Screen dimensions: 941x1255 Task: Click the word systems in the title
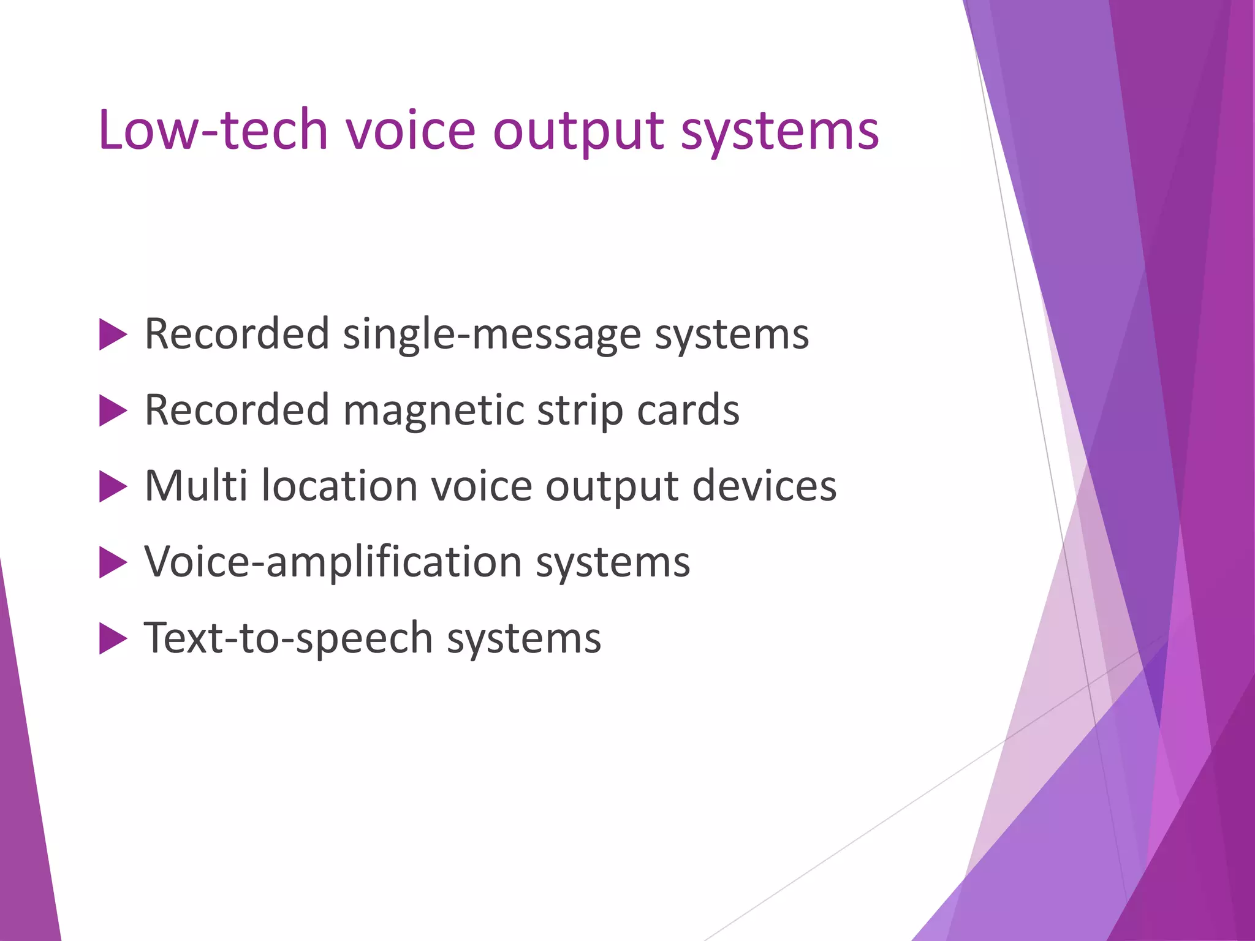point(780,132)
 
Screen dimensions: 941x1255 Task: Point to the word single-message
point(491,336)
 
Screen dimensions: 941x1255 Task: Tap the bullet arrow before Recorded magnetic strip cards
point(112,410)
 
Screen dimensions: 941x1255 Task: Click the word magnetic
point(433,412)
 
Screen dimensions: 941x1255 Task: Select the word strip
point(580,412)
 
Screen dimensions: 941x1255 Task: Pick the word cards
point(688,410)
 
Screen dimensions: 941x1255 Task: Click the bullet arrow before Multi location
point(112,487)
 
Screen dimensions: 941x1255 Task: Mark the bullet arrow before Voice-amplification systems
point(112,562)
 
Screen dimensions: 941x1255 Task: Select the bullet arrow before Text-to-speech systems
point(112,639)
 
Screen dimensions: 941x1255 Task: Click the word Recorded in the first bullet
point(237,334)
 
